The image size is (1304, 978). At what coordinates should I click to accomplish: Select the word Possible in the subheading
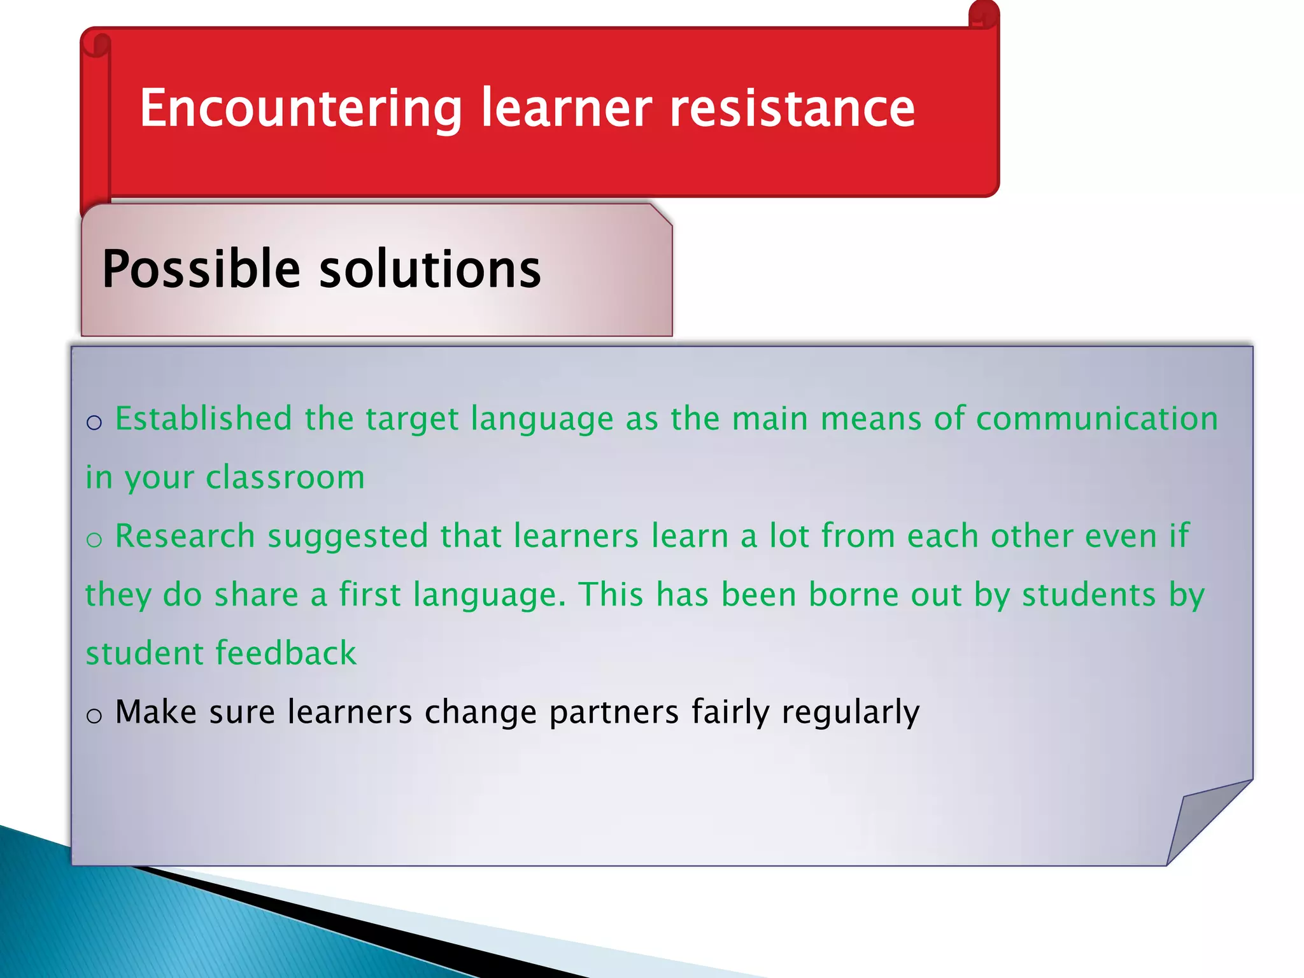point(201,269)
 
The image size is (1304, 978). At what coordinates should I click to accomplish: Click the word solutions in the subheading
point(430,269)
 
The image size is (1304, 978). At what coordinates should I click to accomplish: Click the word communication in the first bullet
point(1096,419)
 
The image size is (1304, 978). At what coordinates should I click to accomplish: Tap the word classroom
point(285,478)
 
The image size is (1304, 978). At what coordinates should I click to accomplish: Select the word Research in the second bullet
point(185,536)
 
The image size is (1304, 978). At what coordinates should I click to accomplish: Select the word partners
point(614,713)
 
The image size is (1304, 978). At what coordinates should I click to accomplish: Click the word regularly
point(850,713)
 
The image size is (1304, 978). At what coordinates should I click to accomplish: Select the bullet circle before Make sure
point(94,716)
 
